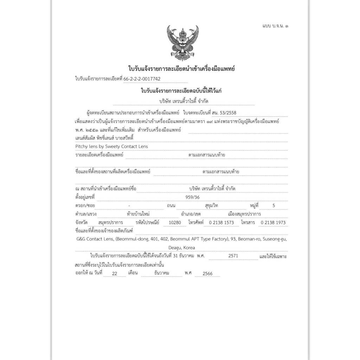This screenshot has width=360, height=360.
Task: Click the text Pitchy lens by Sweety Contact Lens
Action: coord(111,146)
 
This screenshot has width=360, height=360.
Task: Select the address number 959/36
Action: coord(192,197)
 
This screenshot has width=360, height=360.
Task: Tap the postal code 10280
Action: coord(175,223)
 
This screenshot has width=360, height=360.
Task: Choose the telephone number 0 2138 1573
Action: coord(221,223)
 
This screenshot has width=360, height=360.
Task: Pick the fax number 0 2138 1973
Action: coord(273,223)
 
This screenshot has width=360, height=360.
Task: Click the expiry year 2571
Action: coord(233,256)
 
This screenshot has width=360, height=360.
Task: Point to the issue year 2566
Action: coord(207,273)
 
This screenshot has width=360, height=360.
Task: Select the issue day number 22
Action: coord(114,273)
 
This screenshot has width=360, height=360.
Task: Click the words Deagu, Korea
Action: coord(181,247)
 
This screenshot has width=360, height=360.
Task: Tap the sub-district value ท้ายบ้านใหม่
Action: coord(140,214)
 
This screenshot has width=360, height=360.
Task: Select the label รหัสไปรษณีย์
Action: coord(147,223)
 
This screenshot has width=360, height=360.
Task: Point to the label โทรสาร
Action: coord(247,223)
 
